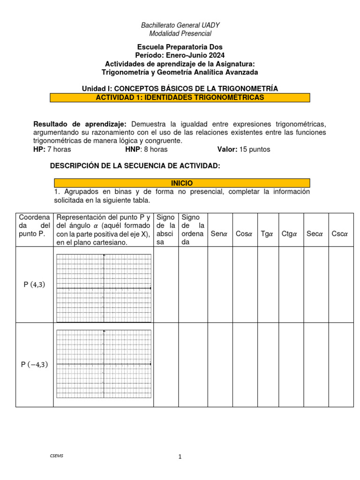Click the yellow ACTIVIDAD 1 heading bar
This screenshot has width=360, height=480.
[180, 97]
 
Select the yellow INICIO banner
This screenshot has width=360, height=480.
[182, 183]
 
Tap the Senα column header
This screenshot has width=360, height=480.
[219, 234]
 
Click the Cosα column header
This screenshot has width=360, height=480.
[244, 234]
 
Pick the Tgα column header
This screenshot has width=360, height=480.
[267, 234]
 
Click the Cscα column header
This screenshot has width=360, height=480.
[339, 234]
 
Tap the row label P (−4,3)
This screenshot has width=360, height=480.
[34, 364]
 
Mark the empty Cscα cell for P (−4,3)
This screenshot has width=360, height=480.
[339, 364]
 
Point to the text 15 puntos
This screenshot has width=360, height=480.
[255, 150]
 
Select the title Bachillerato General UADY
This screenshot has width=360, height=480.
[180, 25]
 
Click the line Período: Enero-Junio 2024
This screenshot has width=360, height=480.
[180, 55]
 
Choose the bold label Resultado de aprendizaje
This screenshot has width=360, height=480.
[80, 124]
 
